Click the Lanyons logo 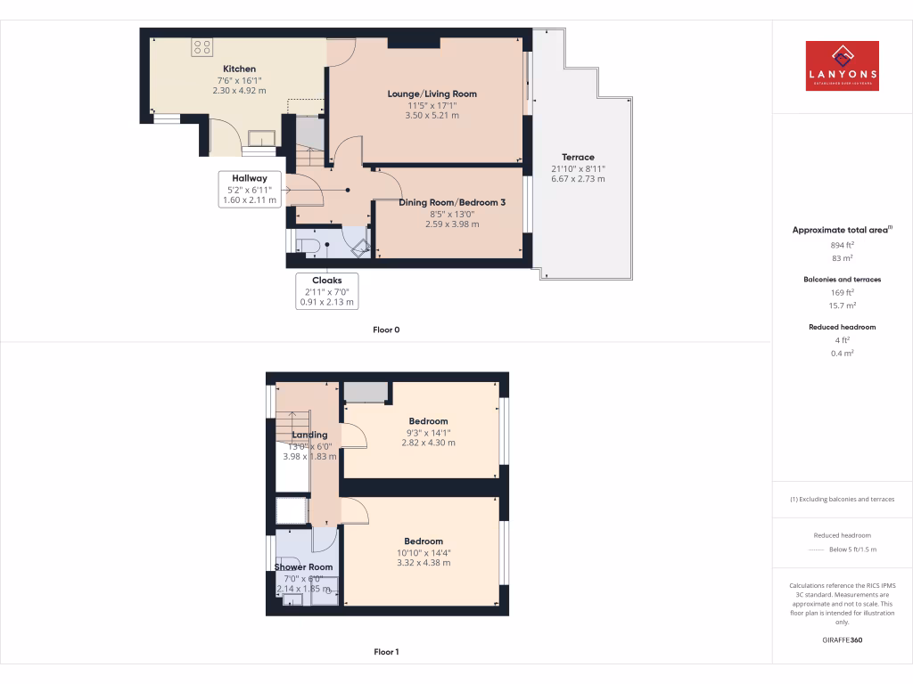[842, 66]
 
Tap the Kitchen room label [239, 69]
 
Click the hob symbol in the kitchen [202, 48]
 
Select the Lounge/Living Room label [432, 94]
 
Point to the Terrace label [578, 157]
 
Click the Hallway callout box [250, 190]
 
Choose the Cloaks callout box [326, 290]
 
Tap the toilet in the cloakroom [308, 245]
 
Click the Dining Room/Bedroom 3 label [452, 202]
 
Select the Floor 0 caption [386, 330]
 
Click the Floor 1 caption [386, 652]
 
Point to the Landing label [309, 435]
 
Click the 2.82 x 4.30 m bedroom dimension [428, 443]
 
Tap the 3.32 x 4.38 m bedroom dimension [423, 563]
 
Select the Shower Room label [303, 566]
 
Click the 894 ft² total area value [842, 244]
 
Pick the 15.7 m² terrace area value [842, 305]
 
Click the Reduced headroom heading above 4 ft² [842, 327]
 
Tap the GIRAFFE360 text [842, 639]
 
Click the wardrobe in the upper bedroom [366, 392]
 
